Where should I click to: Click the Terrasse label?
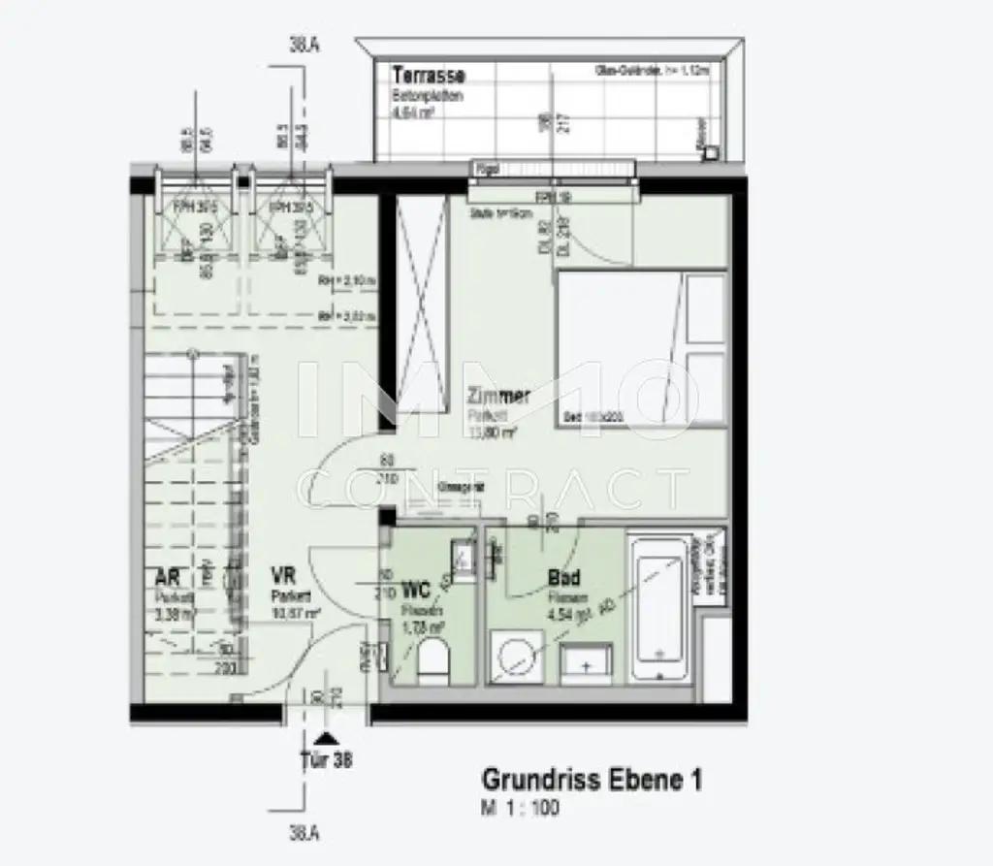click(429, 76)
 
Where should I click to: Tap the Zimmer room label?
click(498, 396)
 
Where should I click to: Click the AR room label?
click(167, 578)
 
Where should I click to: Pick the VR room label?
click(284, 578)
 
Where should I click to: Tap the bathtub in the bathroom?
click(660, 608)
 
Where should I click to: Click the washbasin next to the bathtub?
click(585, 660)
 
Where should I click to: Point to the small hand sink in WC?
click(464, 556)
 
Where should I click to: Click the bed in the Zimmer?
click(640, 349)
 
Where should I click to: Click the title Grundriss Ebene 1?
click(593, 780)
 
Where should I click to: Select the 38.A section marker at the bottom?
click(305, 833)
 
